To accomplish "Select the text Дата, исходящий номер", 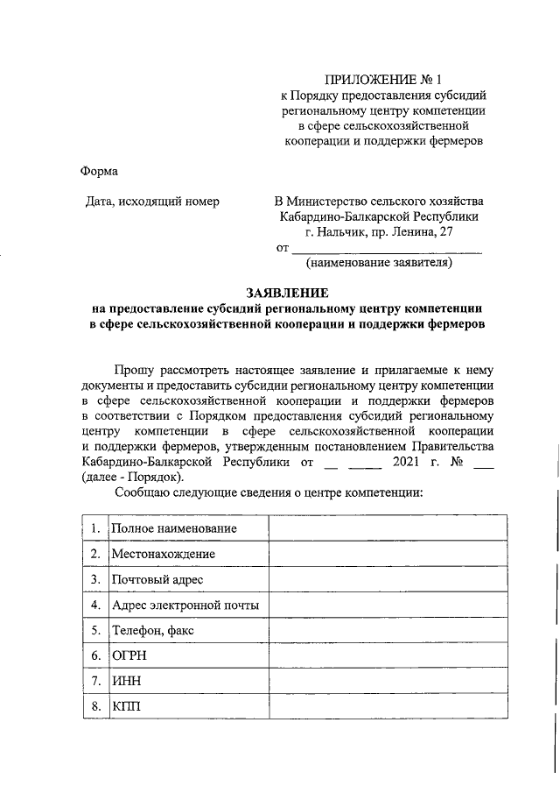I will (151, 202).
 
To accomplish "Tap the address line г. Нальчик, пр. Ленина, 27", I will (379, 231).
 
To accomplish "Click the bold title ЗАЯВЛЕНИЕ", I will (286, 293).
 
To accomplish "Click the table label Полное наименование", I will (174, 528).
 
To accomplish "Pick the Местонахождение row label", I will (163, 554).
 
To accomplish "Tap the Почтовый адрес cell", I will (157, 579).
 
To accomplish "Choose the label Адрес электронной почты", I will (185, 605).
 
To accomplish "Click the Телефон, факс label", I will (153, 630).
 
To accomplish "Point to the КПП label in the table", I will (125, 706).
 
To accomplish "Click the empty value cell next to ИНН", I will (386, 681).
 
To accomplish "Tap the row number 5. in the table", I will (95, 630).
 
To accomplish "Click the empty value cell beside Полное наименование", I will (386, 528).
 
